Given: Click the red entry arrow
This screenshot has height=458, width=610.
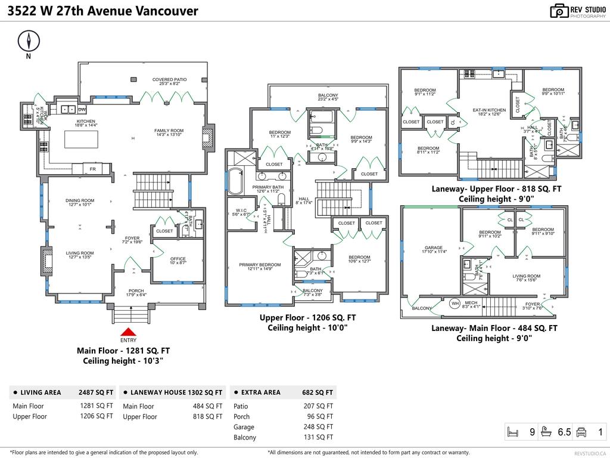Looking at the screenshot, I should [x=129, y=332].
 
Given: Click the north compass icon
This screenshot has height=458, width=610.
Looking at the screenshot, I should [x=28, y=41].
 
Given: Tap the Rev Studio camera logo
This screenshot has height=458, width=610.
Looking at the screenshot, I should [x=559, y=11].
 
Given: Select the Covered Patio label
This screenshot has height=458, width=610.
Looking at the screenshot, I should [x=169, y=79].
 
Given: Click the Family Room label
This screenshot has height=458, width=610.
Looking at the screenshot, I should [x=169, y=131].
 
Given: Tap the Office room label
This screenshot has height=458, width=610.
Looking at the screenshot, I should [x=178, y=259].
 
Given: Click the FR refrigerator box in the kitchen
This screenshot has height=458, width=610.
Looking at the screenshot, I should [x=92, y=169].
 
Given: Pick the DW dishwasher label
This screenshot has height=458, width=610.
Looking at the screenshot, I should [x=82, y=110].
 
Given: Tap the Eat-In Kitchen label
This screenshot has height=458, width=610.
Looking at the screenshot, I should [x=489, y=110].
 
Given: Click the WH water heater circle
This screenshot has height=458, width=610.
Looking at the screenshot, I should [x=455, y=303].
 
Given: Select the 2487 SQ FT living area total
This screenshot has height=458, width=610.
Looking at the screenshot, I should [x=96, y=392].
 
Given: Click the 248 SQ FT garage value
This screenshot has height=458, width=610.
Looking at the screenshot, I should [x=318, y=427].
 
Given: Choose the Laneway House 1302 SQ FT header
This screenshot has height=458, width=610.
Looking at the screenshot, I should [x=176, y=392].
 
